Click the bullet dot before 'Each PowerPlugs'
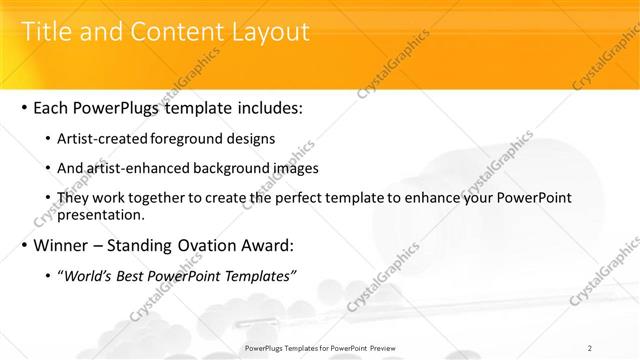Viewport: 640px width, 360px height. click(24, 106)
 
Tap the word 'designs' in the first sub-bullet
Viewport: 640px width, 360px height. click(252, 138)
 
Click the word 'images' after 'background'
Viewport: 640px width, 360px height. click(293, 169)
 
